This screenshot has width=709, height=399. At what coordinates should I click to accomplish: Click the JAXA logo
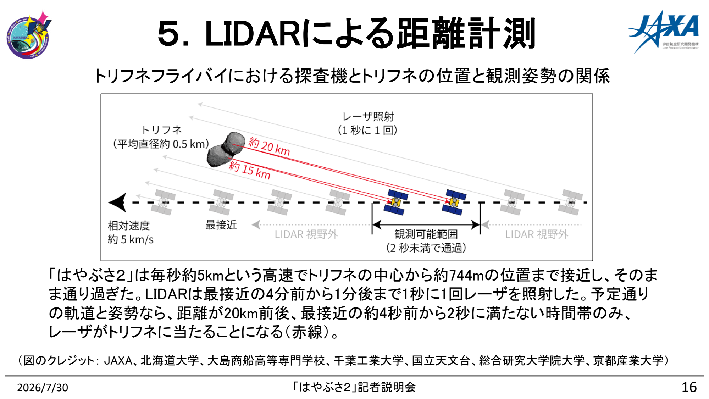(x=663, y=32)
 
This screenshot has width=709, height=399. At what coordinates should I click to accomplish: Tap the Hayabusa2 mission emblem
(x=28, y=34)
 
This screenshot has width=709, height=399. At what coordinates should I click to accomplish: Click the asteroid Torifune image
(x=226, y=149)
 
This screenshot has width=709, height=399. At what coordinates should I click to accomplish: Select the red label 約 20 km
(x=269, y=146)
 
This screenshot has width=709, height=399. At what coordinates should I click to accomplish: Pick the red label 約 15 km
(x=249, y=170)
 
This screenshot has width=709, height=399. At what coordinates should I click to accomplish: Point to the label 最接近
(x=221, y=225)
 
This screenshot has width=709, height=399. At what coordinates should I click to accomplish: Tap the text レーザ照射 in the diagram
(x=368, y=116)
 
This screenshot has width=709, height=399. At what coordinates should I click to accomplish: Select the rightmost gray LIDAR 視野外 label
(x=537, y=234)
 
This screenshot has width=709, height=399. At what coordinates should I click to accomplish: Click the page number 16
(x=689, y=387)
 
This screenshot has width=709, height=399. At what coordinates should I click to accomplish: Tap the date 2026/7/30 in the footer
(x=43, y=387)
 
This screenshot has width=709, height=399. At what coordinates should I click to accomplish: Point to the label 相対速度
(x=129, y=226)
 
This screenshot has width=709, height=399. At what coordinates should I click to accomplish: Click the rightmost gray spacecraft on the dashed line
(x=570, y=202)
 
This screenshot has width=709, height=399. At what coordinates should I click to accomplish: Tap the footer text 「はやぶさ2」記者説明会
(x=354, y=387)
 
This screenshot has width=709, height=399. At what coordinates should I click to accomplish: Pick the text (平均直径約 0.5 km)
(x=161, y=144)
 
